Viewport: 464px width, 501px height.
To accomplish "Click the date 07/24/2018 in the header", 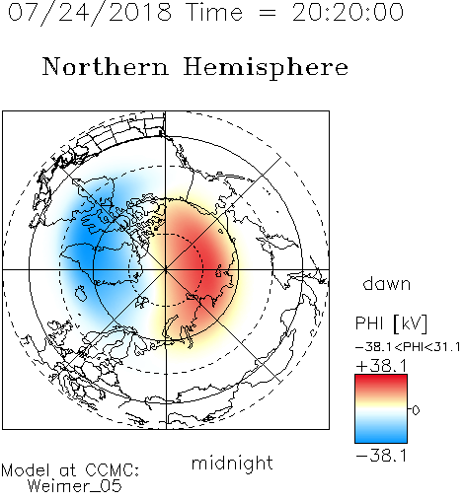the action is (90, 13).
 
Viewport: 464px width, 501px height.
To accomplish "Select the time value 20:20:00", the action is (348, 13).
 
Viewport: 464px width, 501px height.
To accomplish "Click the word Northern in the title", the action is (106, 66).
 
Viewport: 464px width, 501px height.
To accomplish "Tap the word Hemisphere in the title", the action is (266, 68).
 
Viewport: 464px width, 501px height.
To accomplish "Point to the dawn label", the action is (387, 283).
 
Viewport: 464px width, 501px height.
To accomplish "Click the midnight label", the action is (232, 463).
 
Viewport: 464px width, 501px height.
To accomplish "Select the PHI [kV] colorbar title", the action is (391, 323).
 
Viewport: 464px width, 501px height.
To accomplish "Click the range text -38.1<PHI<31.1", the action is (408, 347).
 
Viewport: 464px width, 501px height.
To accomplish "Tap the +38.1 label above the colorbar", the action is (382, 366).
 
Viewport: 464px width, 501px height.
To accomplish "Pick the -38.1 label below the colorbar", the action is (381, 456).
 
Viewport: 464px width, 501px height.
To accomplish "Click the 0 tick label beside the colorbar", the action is (416, 410).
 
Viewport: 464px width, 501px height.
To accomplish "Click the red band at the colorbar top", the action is (381, 381).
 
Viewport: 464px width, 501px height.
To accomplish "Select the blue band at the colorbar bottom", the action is (381, 436).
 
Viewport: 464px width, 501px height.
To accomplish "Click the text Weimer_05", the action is (75, 486).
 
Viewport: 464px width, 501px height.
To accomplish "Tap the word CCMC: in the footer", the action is (112, 470).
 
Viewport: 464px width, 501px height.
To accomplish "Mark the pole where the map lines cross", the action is (166, 269).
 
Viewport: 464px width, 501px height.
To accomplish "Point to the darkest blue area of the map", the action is (82, 250).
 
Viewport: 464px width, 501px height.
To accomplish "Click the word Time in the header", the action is (214, 13).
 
